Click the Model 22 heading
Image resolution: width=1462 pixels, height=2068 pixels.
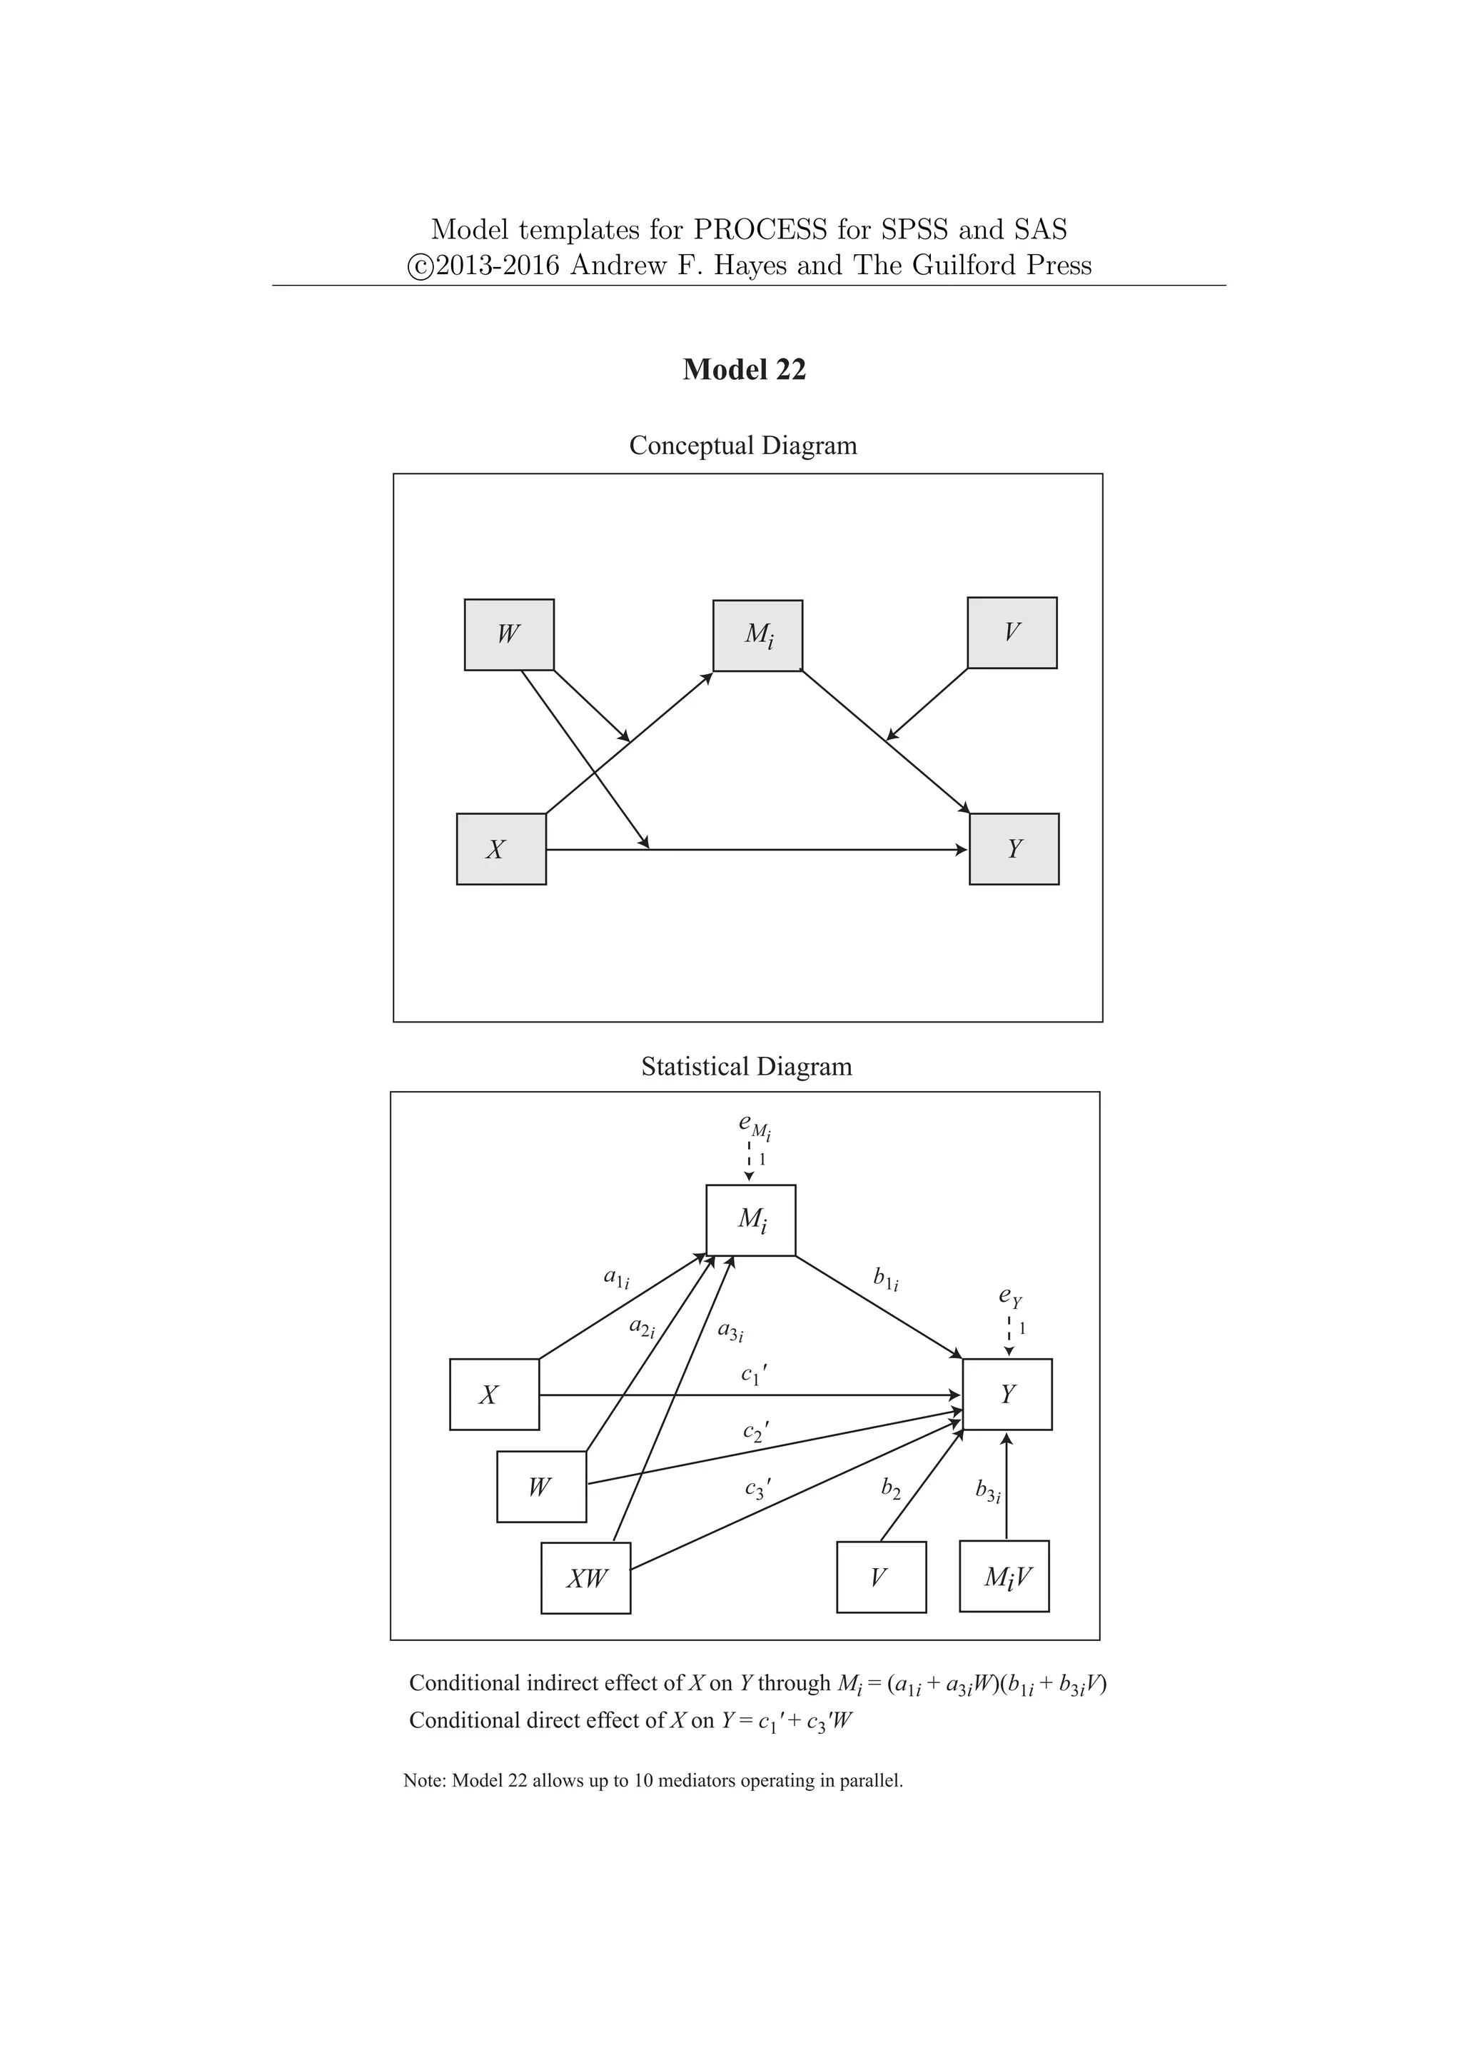coord(744,369)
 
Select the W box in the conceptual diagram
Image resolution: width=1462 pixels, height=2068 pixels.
coord(509,634)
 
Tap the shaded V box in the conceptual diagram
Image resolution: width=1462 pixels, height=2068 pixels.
coord(1012,632)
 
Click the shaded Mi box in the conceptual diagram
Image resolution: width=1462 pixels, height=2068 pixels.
coord(757,635)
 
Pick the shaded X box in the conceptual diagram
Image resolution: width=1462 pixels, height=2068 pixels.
coord(500,848)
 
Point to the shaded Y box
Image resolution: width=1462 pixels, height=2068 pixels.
coord(1014,848)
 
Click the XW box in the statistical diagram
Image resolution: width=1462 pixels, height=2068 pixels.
coord(585,1578)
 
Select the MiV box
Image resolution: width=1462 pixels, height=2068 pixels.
coord(1004,1576)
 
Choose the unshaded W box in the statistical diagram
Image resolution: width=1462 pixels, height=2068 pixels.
coord(541,1487)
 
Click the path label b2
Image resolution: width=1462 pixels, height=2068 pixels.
coord(890,1489)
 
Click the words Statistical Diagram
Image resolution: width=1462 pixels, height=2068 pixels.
coord(746,1066)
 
